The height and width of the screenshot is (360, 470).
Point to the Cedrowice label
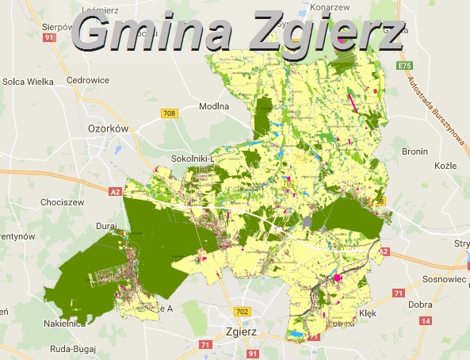87,80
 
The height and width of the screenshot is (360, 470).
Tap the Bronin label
415,151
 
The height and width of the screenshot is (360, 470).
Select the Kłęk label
367,312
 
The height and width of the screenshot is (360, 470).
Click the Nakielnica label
65,324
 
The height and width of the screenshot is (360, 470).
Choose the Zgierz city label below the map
242,332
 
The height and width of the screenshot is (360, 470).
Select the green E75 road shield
405,65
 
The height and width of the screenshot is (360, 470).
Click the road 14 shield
426,320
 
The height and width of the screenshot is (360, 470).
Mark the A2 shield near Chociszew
115,190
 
